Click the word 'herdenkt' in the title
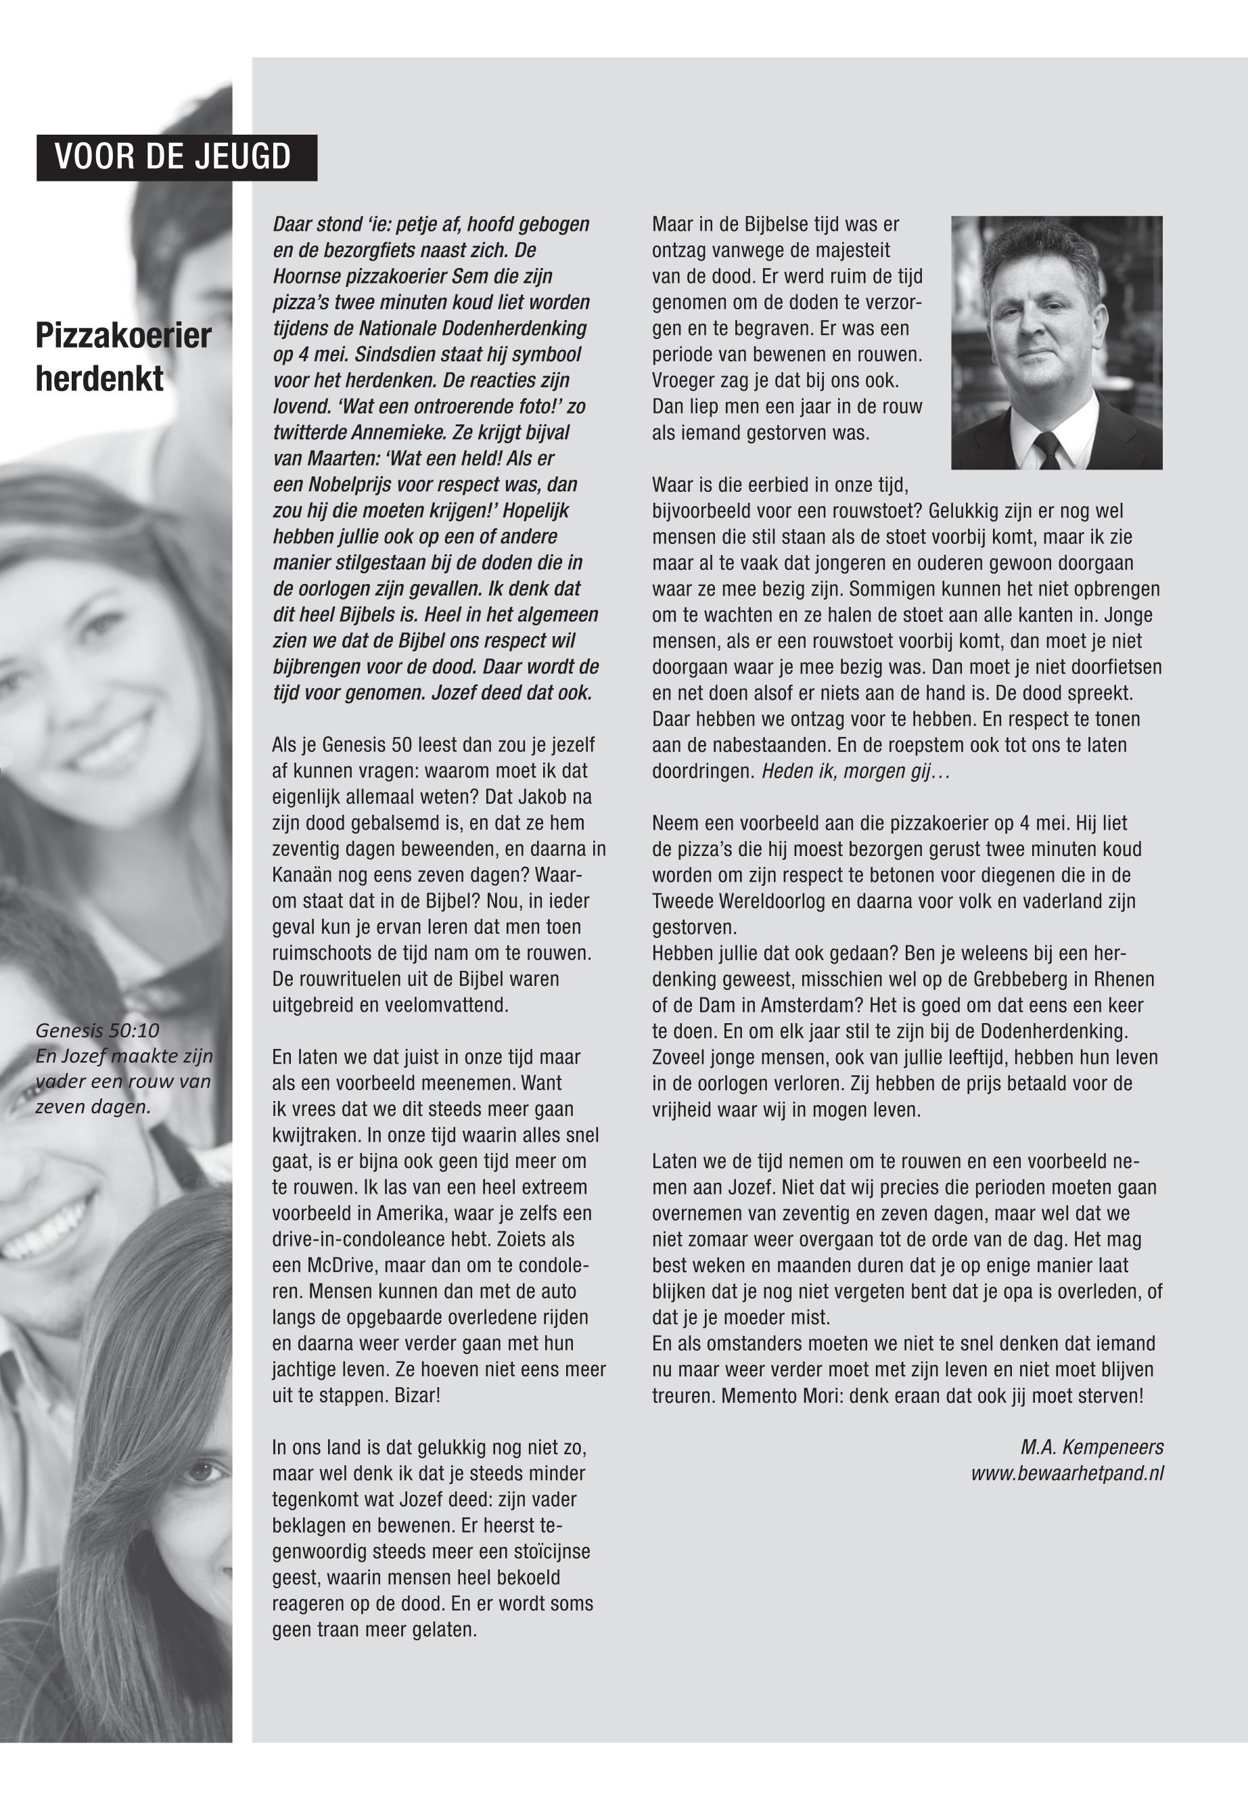(99, 380)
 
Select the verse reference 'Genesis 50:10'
(97, 1031)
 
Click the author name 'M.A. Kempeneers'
(1092, 1448)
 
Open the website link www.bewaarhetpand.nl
(1067, 1474)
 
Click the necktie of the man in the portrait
(1047, 451)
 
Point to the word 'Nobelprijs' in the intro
(351, 485)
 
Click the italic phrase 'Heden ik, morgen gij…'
(856, 771)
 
